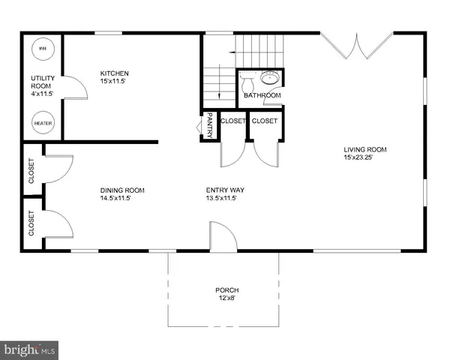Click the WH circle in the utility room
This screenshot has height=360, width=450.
pos(41,48)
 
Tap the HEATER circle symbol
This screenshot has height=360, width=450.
pos(41,121)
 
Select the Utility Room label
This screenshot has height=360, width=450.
pos(41,82)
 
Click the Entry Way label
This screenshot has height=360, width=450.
pos(225,190)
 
